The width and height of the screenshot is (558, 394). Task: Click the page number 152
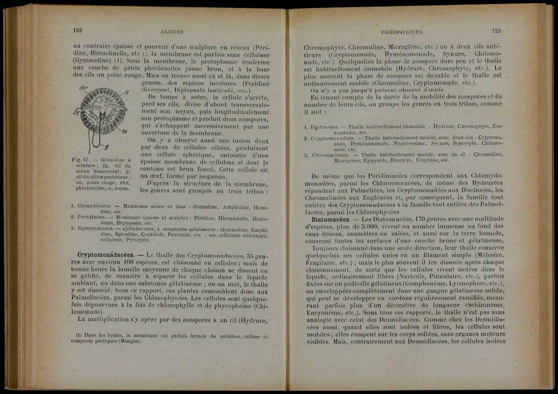click(77, 30)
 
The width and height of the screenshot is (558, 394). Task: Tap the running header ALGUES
click(172, 32)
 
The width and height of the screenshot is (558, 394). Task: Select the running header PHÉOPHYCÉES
click(401, 32)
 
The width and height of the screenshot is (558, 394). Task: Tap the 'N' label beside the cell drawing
click(127, 92)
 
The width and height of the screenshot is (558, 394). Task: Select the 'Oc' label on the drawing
click(125, 131)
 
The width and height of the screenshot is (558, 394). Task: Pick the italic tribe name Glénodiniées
click(94, 206)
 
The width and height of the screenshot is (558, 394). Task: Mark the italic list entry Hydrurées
click(322, 126)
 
